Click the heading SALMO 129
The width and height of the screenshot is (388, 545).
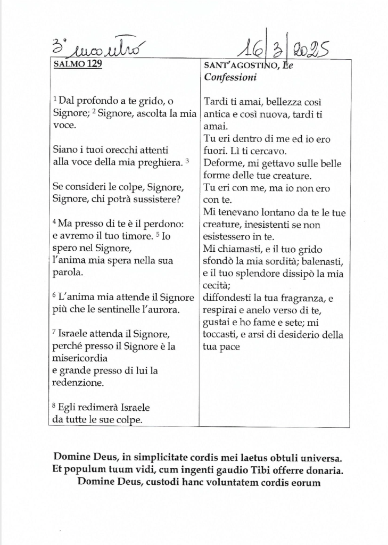point(78,65)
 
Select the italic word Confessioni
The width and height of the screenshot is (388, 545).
point(230,78)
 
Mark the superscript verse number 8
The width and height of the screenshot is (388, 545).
point(55,406)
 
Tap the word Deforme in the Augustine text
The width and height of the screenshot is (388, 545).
point(221,163)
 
